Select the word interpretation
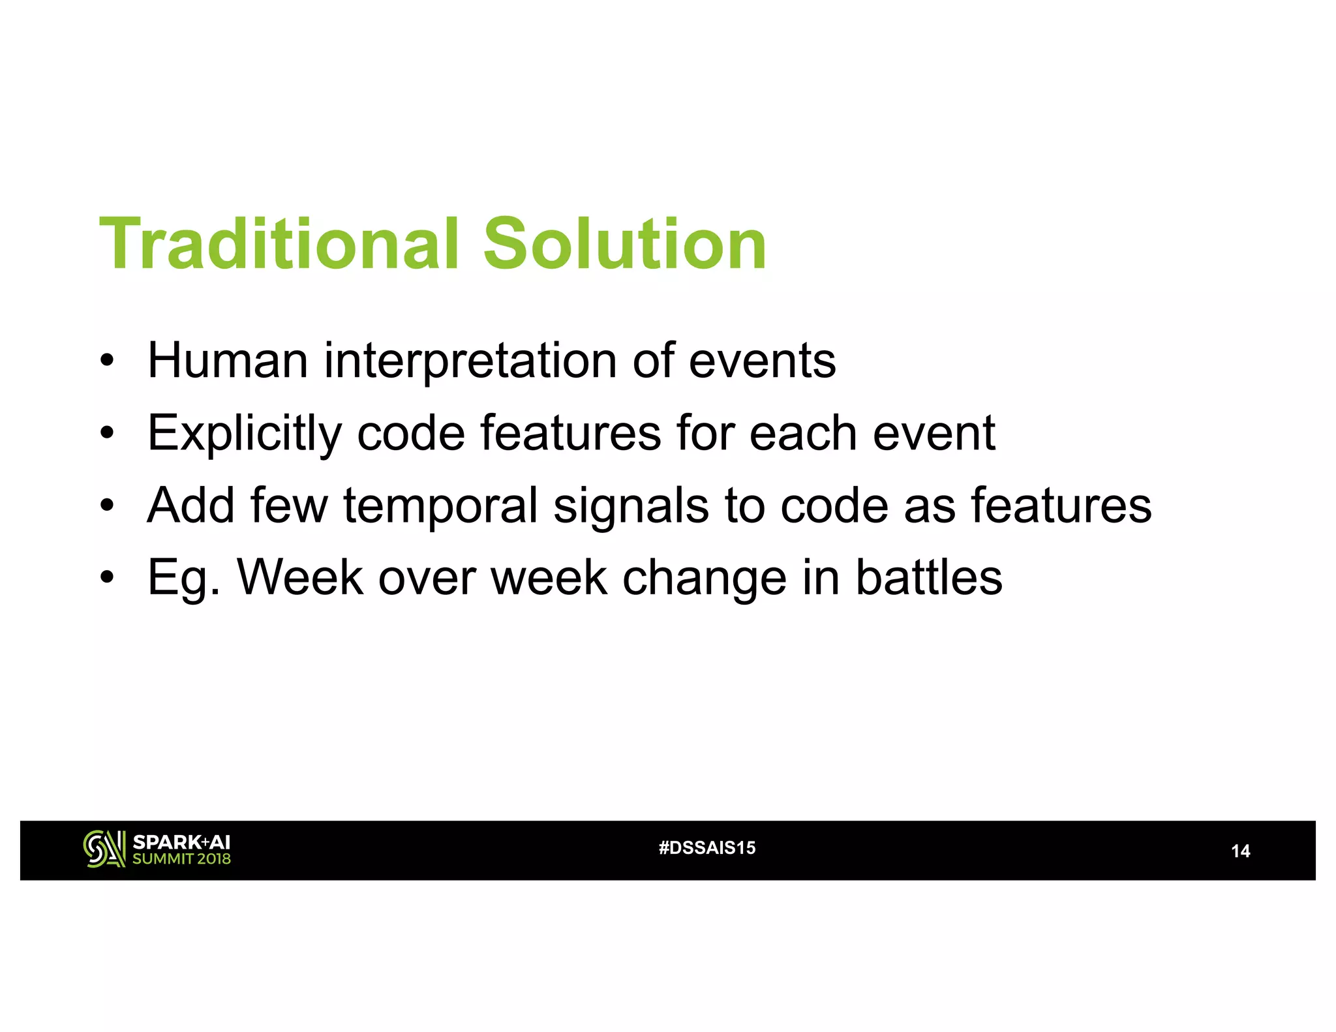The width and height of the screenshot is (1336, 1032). pos(470,361)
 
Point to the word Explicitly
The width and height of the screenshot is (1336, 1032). pos(244,434)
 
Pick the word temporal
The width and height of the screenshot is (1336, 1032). pos(441,506)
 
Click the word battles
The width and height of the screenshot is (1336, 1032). pos(928,577)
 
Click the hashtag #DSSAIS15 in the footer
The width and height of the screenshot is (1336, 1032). pos(707,847)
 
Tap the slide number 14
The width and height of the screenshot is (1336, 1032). pos(1240,851)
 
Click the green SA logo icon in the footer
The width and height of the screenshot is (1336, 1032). pos(104,849)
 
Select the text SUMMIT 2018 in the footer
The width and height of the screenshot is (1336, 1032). pos(181,859)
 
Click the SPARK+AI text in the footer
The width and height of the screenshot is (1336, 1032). pos(181,842)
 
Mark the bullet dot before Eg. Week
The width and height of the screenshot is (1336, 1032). pos(107,578)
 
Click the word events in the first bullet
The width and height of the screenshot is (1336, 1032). pos(762,361)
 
